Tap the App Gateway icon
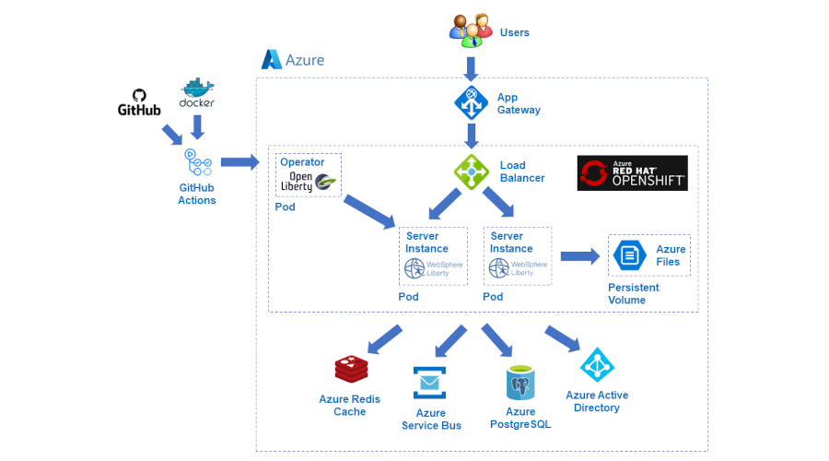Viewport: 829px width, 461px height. point(472,102)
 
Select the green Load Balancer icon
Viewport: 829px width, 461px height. point(472,171)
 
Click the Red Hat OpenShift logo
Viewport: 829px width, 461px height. point(632,172)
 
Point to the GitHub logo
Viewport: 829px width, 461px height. point(139,102)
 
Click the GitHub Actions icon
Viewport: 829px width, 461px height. point(197,163)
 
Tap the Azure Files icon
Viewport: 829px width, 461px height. point(630,254)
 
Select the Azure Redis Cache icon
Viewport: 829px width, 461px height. point(351,370)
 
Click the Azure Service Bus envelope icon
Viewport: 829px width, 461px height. point(430,383)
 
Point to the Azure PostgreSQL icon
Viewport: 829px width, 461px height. point(520,382)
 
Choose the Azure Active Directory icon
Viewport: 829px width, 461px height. point(597,366)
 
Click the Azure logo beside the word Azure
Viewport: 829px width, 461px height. point(272,60)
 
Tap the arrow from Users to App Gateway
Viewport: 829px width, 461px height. point(472,68)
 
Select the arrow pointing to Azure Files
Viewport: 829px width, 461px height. point(579,256)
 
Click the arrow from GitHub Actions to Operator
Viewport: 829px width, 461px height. point(239,162)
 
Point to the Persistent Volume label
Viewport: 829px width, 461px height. point(634,293)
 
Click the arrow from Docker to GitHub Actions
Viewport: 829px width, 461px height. point(197,127)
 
